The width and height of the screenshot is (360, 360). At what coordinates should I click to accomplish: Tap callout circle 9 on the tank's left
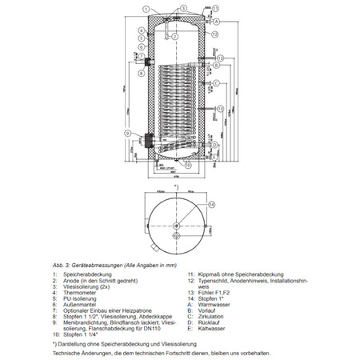point(127,132)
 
